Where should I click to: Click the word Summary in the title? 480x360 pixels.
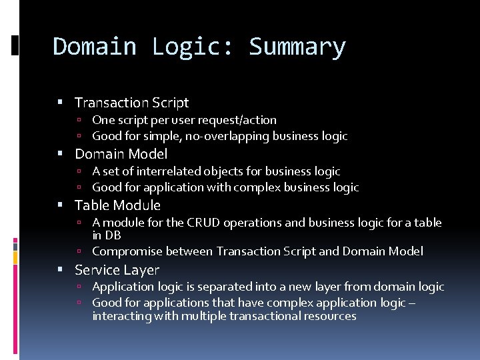tap(297, 47)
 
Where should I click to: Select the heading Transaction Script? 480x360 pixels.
tap(131, 103)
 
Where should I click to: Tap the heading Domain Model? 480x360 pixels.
tap(121, 154)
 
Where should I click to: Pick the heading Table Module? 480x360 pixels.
tap(117, 205)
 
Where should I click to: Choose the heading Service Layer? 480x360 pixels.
tap(117, 270)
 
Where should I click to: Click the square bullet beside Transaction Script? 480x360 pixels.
tap(61, 103)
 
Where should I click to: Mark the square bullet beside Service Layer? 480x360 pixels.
tap(61, 270)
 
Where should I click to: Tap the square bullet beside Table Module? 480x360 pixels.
tap(61, 205)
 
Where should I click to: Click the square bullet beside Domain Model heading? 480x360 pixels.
tap(61, 154)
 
